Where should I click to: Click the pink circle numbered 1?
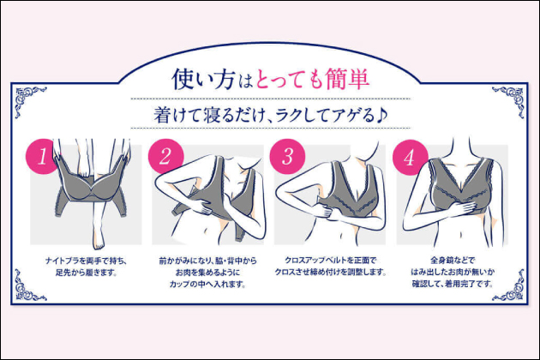43,156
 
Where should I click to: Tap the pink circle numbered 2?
165,156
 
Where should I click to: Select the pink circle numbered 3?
287,156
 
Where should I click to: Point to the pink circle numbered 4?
411,157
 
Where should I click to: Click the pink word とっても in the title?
289,80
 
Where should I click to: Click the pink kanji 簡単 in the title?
347,79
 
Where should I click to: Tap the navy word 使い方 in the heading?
203,79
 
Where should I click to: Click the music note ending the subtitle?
381,115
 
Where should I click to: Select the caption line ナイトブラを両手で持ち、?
86,261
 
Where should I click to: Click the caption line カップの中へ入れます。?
207,285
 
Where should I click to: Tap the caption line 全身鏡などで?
453,261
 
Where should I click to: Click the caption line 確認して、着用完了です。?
453,285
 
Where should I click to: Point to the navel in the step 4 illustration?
461,235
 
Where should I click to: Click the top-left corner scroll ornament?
30,100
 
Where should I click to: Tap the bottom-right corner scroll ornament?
509,285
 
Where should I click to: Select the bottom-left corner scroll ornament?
30,285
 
